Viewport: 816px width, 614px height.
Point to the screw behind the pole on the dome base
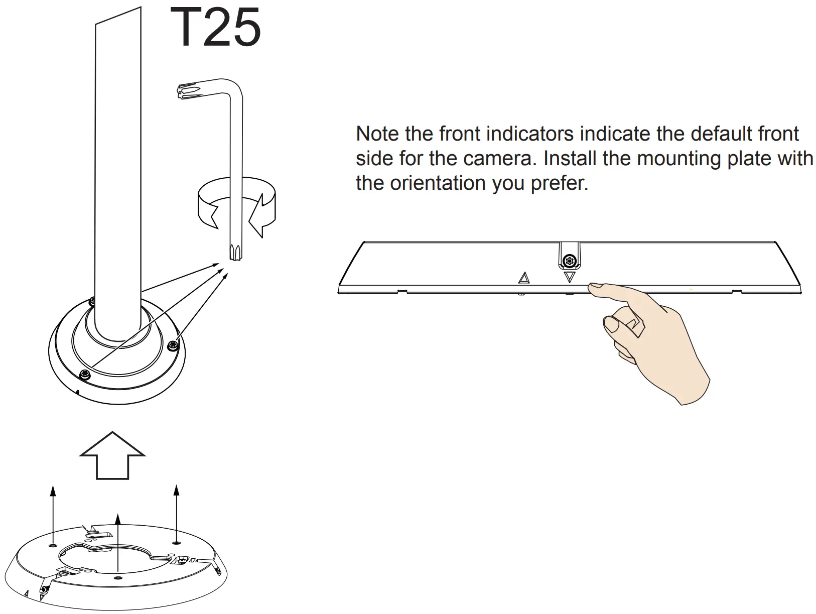92,301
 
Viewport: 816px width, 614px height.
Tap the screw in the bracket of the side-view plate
569,261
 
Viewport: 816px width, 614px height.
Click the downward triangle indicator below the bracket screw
569,277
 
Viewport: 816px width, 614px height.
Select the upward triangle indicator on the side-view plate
524,278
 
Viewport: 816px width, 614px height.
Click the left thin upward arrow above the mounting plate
53,512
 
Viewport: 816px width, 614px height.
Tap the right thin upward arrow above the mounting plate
176,512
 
